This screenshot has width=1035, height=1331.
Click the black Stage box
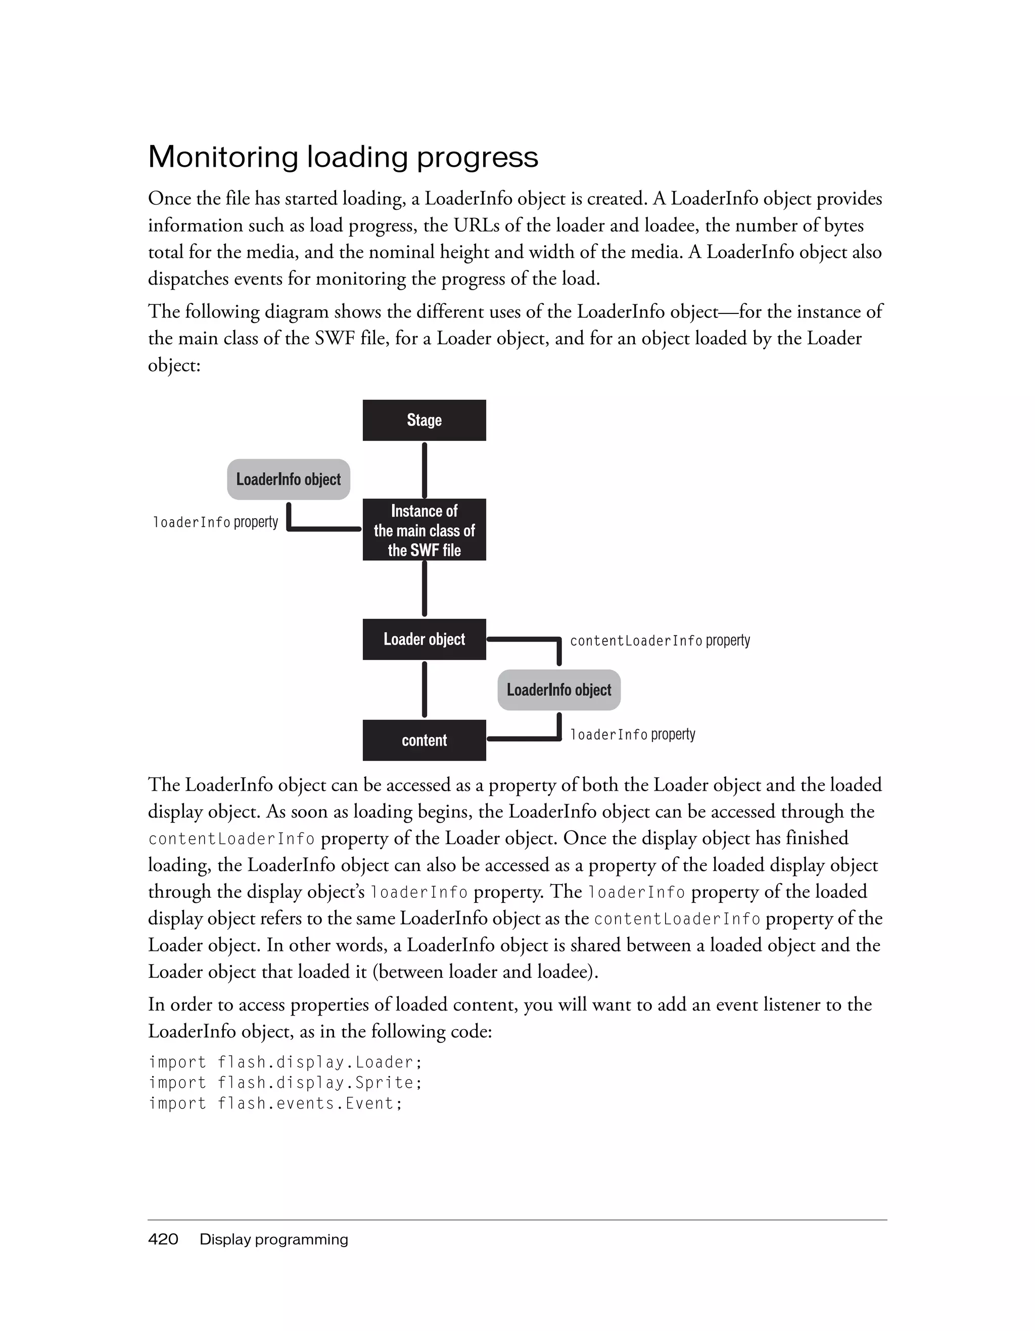[x=424, y=420]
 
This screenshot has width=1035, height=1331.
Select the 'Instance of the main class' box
[x=424, y=530]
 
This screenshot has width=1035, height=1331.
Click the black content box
[x=424, y=740]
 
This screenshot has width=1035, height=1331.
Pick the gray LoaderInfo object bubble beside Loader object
[x=558, y=690]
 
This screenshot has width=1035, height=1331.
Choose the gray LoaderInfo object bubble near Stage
[x=288, y=479]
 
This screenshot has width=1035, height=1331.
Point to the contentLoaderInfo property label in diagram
[x=660, y=640]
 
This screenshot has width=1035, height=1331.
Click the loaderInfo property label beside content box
[x=632, y=735]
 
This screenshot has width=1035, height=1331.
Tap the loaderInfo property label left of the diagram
[x=215, y=522]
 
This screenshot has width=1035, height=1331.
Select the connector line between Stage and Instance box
[x=424, y=470]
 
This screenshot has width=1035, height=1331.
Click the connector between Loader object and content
[x=424, y=690]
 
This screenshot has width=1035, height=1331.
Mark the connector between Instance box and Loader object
[x=424, y=589]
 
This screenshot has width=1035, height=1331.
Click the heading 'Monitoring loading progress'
[x=343, y=157]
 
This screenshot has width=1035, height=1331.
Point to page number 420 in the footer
[x=163, y=1239]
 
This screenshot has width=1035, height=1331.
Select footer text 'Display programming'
[x=273, y=1239]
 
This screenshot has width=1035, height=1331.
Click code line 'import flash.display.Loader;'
[x=285, y=1062]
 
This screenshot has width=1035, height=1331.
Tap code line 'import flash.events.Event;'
[x=275, y=1104]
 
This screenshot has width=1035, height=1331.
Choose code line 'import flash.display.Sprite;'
[x=285, y=1083]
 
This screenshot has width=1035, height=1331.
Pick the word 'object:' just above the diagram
[x=174, y=365]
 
